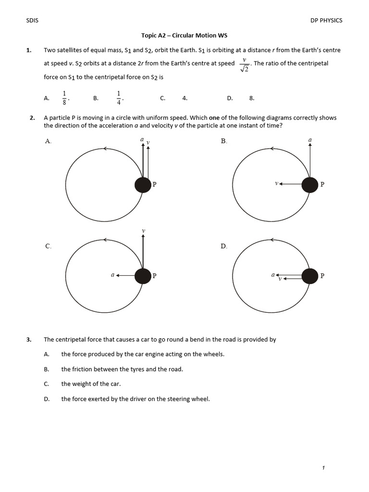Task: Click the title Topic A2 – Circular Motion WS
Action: point(184,36)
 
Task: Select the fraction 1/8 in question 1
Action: point(64,98)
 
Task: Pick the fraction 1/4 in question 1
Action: point(119,98)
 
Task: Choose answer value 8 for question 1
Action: point(251,98)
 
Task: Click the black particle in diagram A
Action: point(143,184)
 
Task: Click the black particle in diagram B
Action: point(310,184)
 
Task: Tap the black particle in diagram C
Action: point(143,276)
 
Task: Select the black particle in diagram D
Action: point(310,276)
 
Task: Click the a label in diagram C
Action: point(112,275)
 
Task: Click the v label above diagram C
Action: point(143,231)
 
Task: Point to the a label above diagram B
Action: point(310,140)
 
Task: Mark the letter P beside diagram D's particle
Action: point(322,276)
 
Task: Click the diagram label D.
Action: point(223,246)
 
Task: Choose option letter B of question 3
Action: point(47,369)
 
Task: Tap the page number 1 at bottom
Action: point(324,468)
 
